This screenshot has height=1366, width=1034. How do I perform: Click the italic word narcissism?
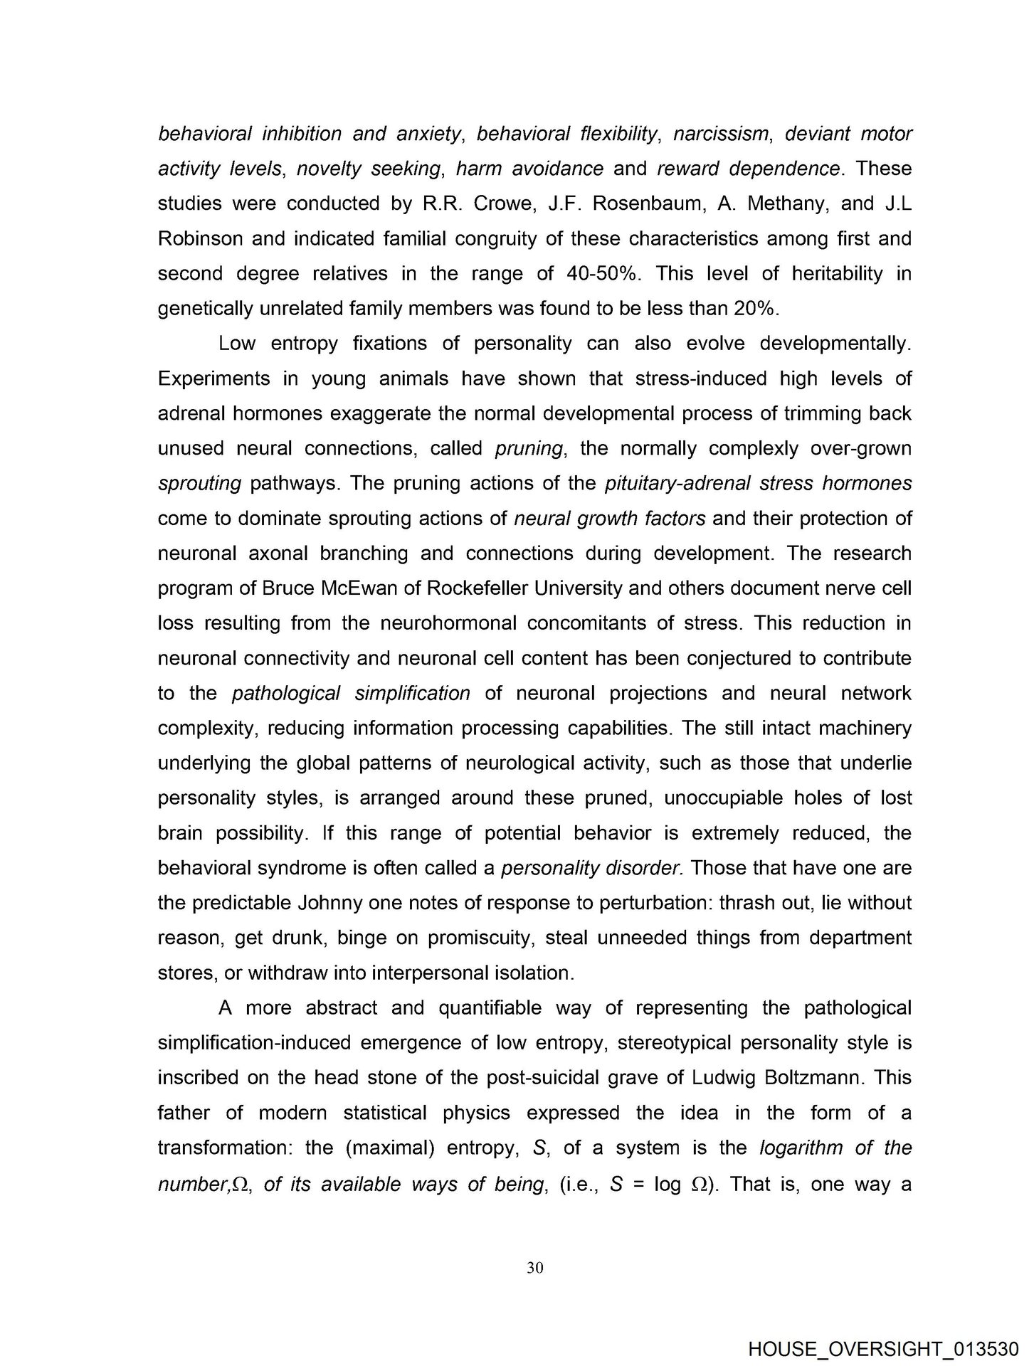tap(721, 134)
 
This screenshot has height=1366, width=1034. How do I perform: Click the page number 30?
tap(535, 1267)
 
